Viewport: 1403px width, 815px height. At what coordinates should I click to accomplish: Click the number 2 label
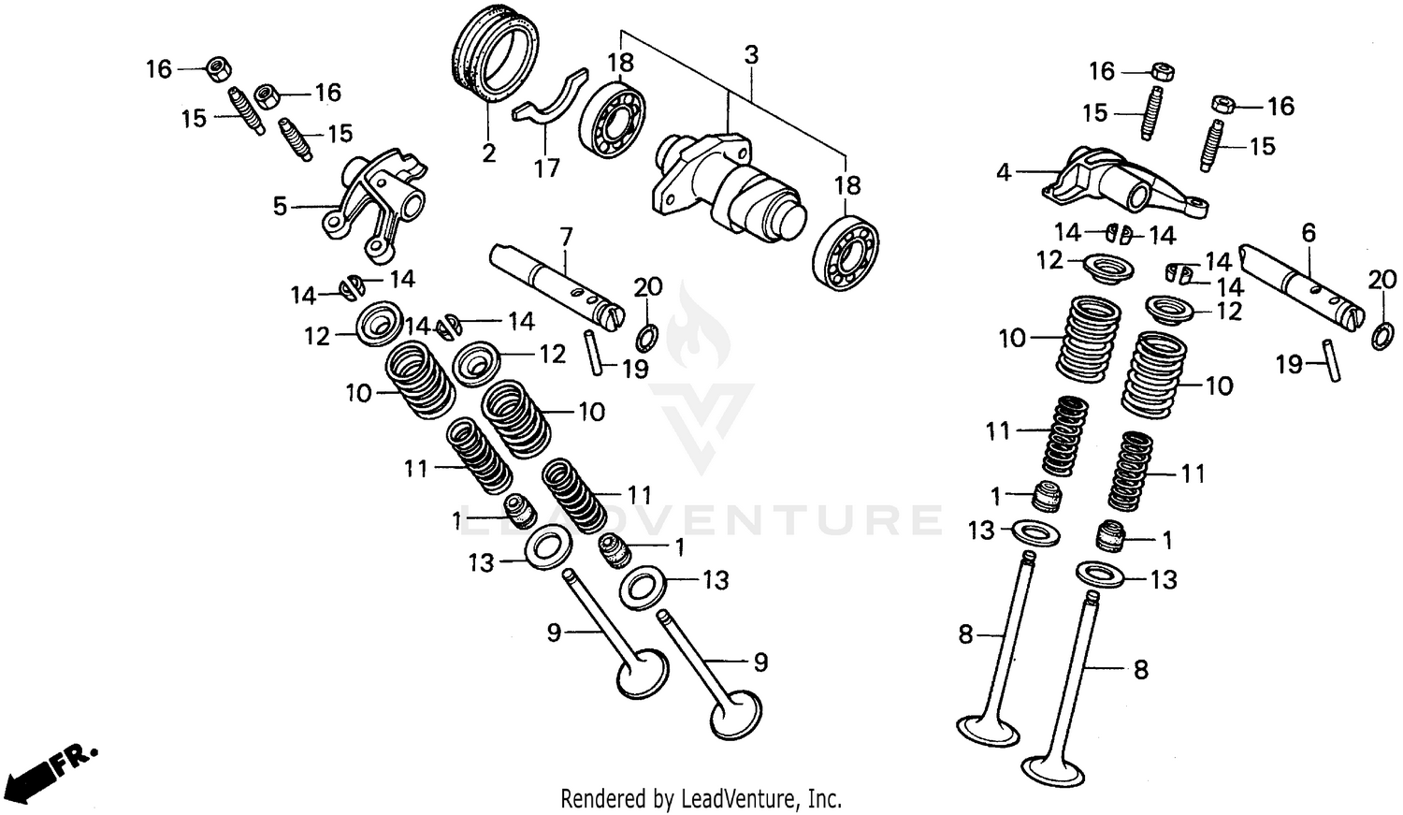(x=489, y=153)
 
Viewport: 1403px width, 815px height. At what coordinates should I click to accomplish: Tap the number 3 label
(x=751, y=54)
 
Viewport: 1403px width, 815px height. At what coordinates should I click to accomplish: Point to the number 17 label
(x=547, y=167)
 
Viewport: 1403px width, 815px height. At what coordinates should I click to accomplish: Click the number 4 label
(x=1004, y=172)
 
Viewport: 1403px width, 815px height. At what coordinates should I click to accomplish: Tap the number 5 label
(x=280, y=205)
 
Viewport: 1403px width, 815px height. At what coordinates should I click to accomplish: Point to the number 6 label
(x=1309, y=233)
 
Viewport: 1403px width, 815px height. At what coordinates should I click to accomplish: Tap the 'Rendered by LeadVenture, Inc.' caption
(x=701, y=798)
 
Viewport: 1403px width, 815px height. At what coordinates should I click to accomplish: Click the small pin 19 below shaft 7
(x=593, y=351)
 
